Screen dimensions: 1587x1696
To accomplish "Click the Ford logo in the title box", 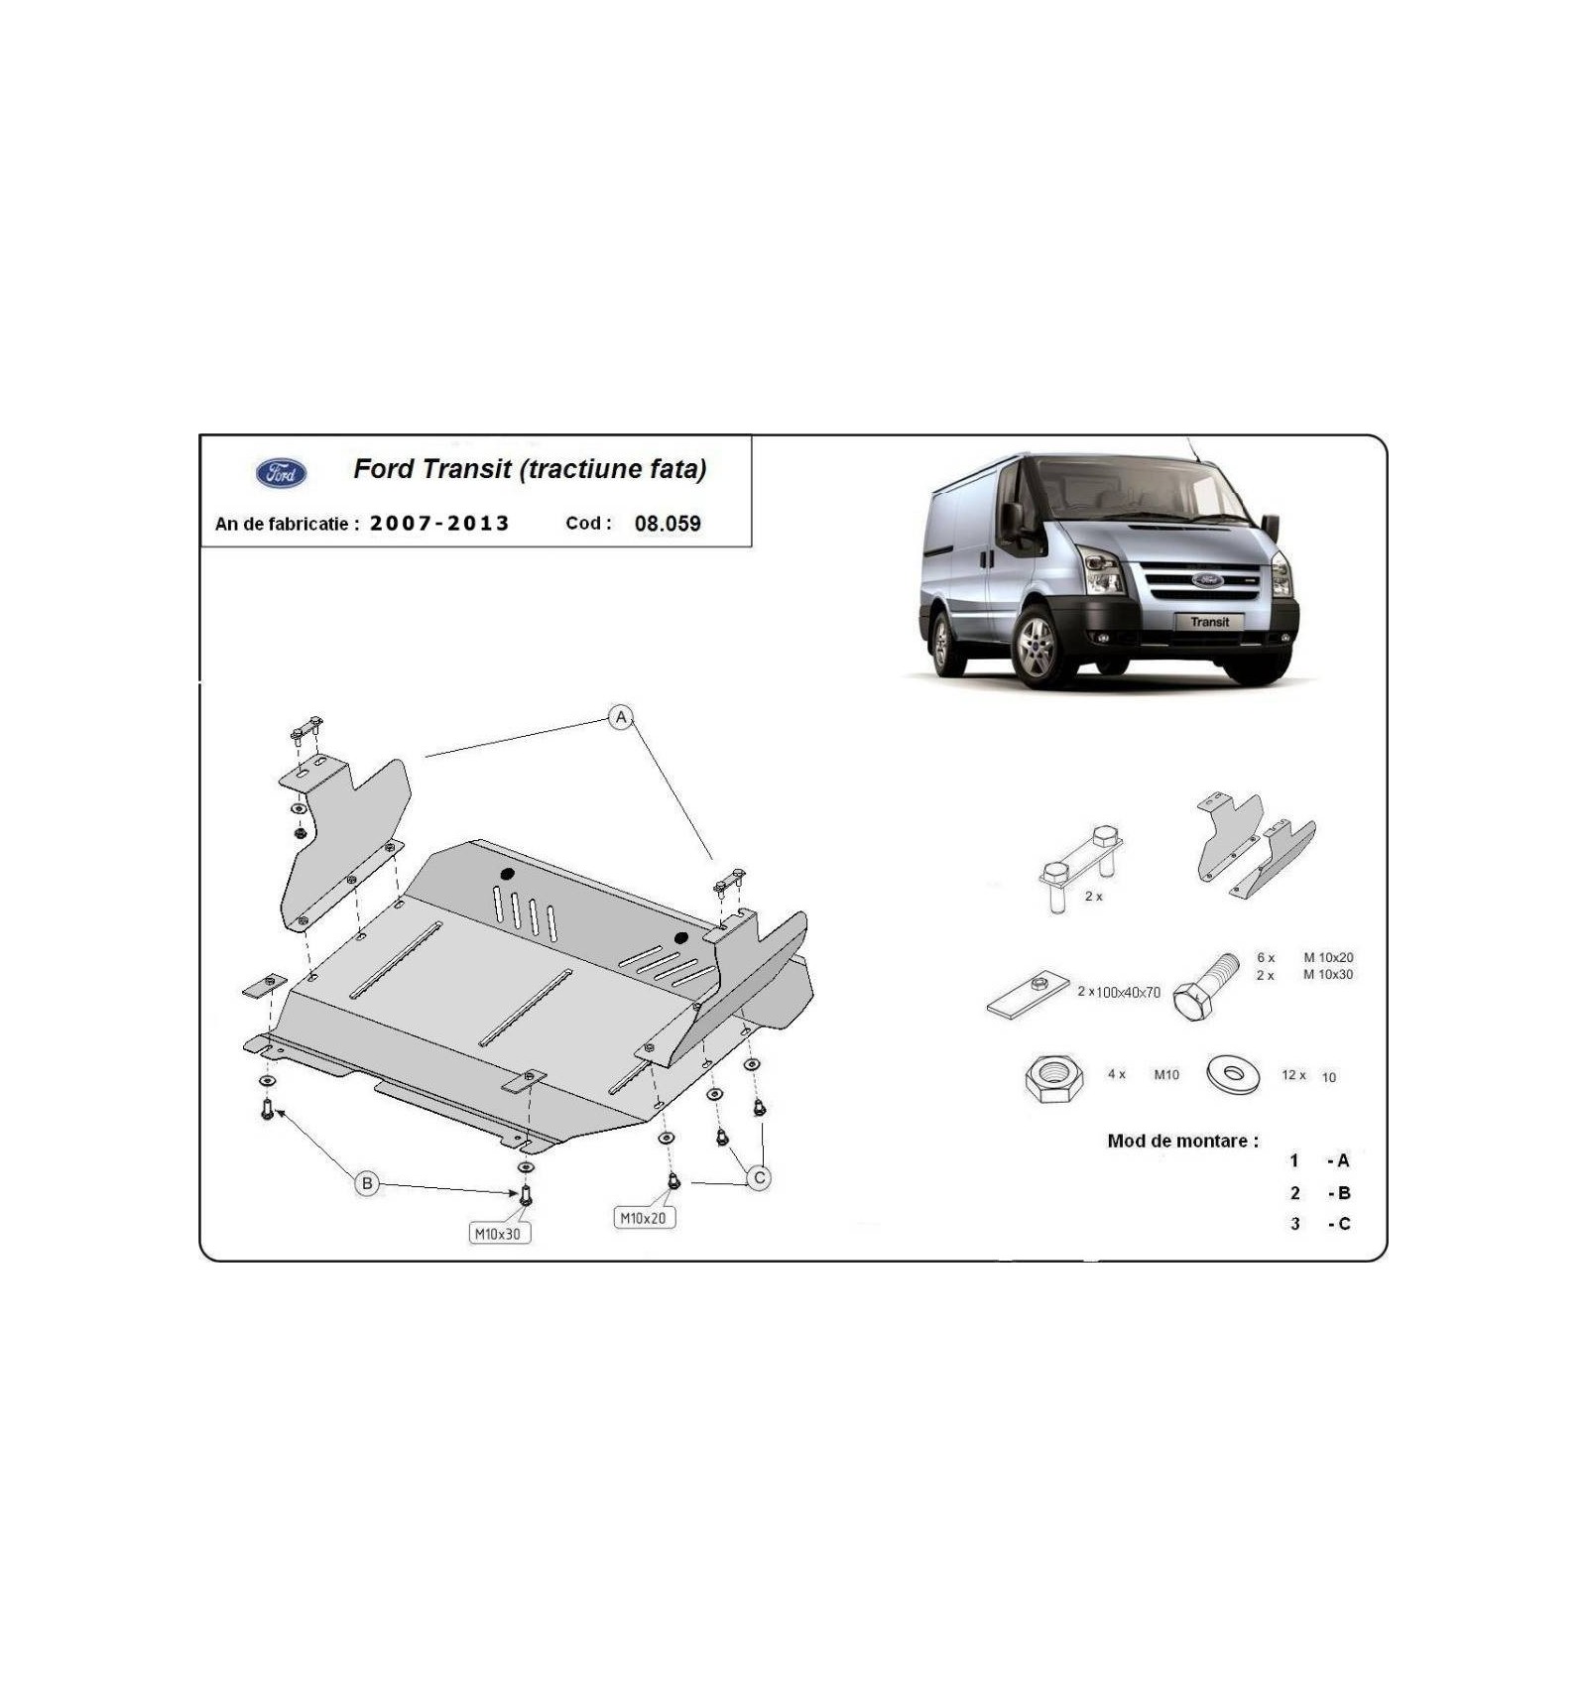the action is [x=282, y=473].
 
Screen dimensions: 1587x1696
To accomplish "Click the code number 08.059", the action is [x=668, y=524].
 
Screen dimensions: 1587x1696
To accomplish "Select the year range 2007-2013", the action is [x=439, y=523].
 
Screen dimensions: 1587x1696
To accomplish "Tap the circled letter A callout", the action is [x=621, y=717].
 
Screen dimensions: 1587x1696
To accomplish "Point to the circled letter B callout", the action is [x=367, y=1183].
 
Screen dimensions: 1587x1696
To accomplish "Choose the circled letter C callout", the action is [x=759, y=1178].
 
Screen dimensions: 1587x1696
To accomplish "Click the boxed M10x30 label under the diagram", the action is [x=498, y=1234].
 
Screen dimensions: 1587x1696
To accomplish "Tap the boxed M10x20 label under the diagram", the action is [x=645, y=1218].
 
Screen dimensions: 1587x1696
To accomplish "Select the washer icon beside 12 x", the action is [x=1233, y=1074].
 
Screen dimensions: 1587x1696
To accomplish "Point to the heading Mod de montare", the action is [x=1182, y=1141].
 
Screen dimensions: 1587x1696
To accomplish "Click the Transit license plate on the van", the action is [x=1209, y=622].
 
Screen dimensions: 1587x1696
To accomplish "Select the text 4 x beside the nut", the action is [x=1117, y=1074].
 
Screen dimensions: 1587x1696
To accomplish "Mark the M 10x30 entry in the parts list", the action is [x=1328, y=974].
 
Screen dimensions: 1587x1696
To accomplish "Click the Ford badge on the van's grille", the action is [x=1207, y=579].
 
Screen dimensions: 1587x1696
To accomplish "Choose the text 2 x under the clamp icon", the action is [x=1093, y=896].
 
